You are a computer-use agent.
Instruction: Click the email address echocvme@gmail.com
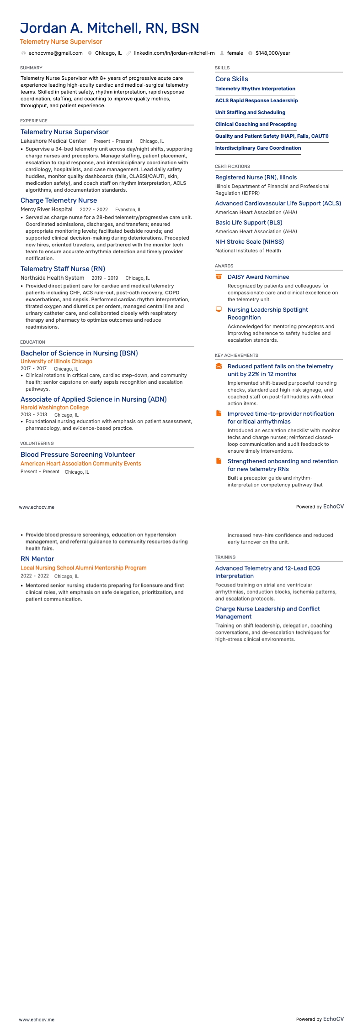click(55, 53)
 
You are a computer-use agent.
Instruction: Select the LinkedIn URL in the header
click(174, 53)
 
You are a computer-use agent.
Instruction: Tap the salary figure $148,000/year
click(272, 53)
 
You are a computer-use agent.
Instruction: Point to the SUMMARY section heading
click(31, 68)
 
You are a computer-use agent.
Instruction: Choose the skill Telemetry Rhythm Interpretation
click(255, 89)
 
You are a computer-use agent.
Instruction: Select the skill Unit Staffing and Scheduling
click(250, 112)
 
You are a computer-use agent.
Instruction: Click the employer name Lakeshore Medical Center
click(53, 141)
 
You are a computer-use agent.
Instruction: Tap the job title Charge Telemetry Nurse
click(59, 200)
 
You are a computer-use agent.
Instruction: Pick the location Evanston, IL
click(128, 209)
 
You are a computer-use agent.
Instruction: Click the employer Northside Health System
click(52, 278)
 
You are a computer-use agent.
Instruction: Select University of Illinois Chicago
click(56, 361)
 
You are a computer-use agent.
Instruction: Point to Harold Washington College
click(54, 408)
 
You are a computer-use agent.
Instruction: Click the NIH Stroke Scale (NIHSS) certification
click(250, 242)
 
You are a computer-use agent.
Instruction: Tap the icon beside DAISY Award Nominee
click(219, 277)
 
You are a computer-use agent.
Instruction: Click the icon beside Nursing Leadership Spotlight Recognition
click(219, 309)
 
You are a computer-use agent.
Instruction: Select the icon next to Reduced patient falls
click(219, 366)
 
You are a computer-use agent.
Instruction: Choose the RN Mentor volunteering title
click(37, 559)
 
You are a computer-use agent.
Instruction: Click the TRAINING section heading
click(225, 557)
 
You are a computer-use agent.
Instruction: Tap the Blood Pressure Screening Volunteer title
click(78, 455)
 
